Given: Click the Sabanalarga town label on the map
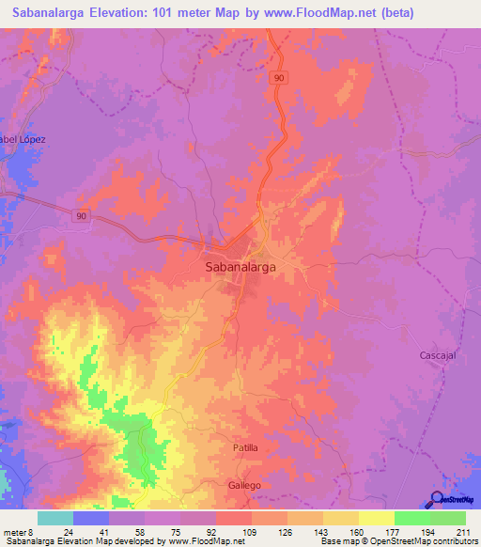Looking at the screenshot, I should [x=240, y=267].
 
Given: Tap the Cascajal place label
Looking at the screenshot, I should [x=437, y=355].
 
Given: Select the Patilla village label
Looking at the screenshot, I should [x=245, y=448].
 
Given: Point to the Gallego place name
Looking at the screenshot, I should [x=243, y=485].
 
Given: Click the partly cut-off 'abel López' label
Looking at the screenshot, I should [x=23, y=139].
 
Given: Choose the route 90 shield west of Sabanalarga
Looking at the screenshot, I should [x=82, y=215].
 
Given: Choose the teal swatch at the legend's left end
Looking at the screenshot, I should [x=55, y=518].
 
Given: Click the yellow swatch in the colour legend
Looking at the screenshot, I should [x=376, y=518].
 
